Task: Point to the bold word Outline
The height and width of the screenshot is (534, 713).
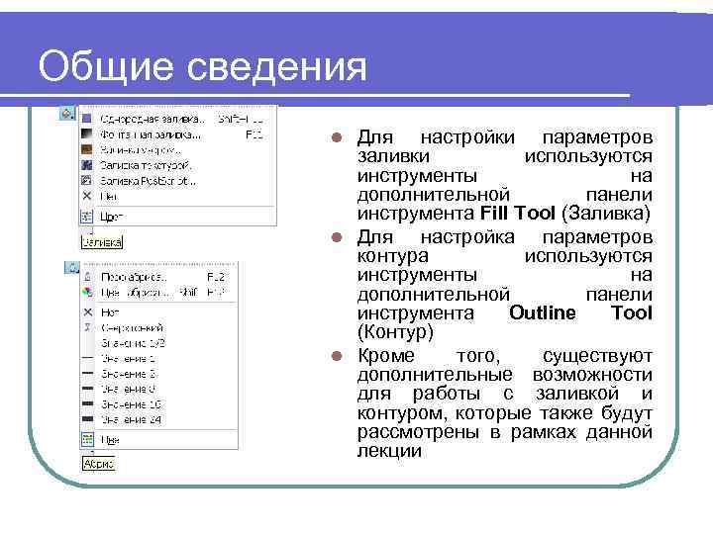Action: tap(543, 313)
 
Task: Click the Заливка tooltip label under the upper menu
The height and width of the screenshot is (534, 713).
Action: tap(101, 241)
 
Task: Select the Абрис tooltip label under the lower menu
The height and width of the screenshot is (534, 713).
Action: tap(99, 463)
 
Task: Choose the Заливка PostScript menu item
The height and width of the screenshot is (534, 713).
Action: tap(148, 181)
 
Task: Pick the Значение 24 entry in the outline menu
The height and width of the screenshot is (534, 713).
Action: tap(129, 419)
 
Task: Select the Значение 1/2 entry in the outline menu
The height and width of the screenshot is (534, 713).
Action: tap(131, 341)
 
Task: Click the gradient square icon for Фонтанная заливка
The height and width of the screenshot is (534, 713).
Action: tap(87, 133)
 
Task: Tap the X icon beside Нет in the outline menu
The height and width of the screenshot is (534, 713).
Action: tap(87, 311)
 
